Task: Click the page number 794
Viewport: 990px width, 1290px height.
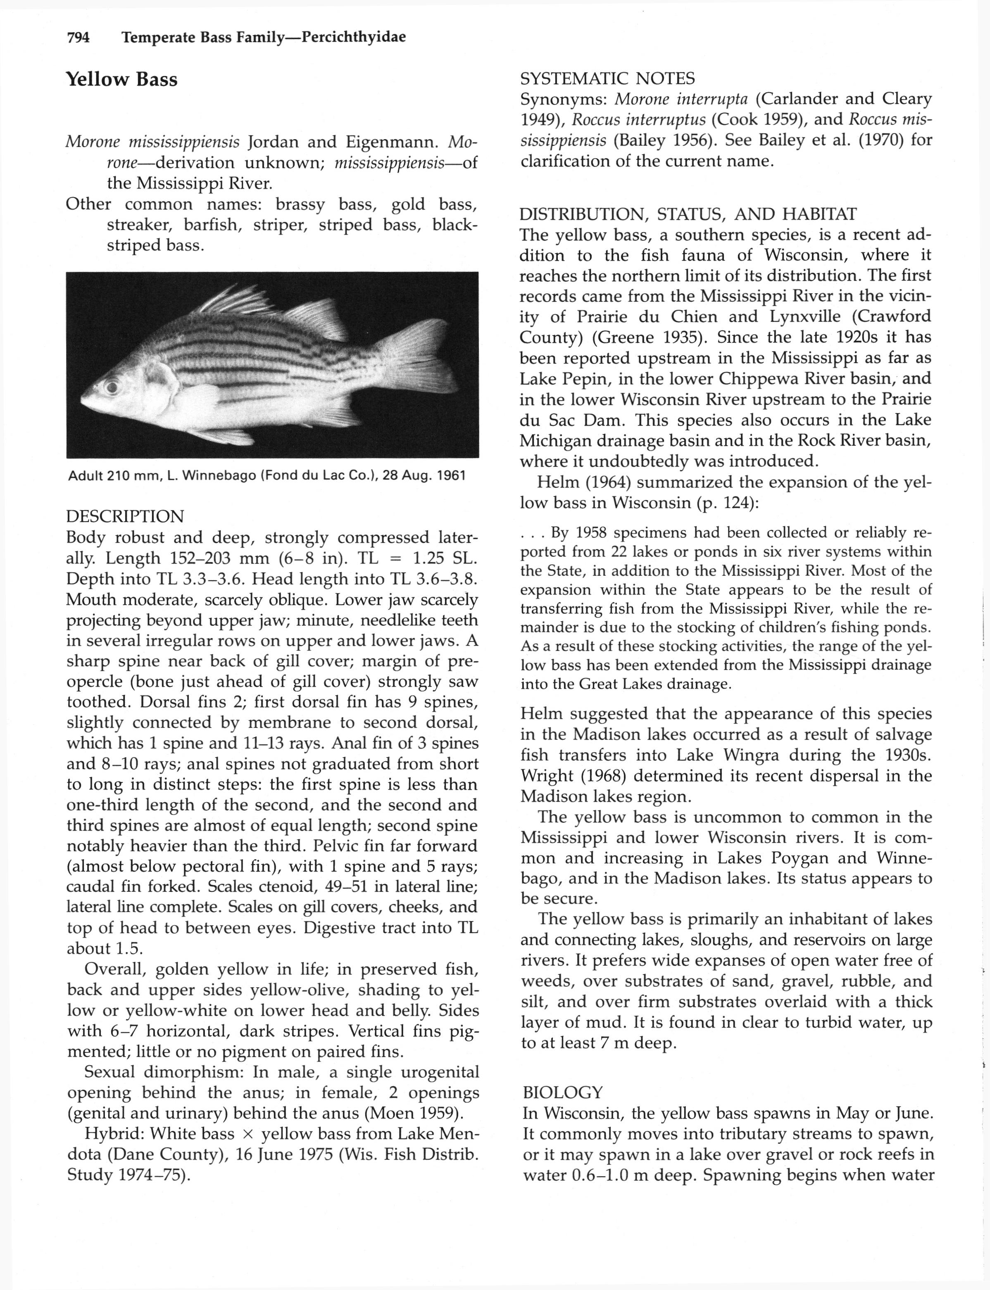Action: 79,38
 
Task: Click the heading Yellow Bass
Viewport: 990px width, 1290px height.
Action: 121,80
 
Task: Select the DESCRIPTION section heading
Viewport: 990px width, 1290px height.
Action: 125,517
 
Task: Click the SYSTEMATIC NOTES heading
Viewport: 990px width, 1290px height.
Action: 607,78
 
